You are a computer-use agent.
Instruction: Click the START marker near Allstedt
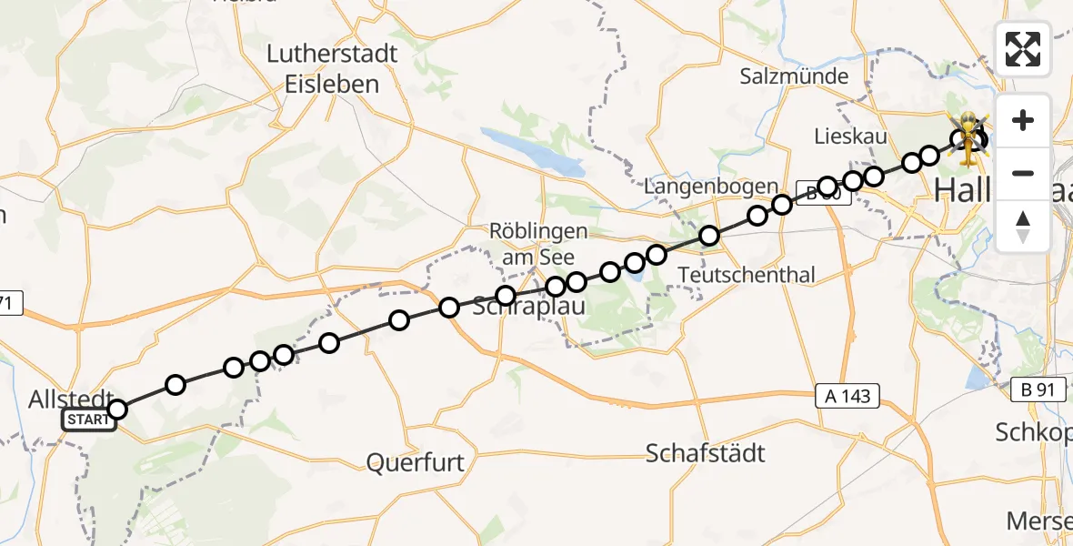pos(89,420)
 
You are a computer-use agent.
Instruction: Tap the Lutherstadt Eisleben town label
pos(332,68)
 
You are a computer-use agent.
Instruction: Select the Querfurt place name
pos(415,463)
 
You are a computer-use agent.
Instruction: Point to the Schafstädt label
pos(705,452)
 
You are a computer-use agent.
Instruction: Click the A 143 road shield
pos(847,396)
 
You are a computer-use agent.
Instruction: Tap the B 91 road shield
pos(1038,389)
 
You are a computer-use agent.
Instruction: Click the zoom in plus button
pos(1023,120)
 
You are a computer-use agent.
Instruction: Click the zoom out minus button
pos(1023,173)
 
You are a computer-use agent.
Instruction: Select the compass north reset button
pos(1023,226)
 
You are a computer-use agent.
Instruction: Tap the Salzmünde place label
pos(794,76)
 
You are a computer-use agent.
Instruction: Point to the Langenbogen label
pos(710,187)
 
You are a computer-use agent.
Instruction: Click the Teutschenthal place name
pos(747,275)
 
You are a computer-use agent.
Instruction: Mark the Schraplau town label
pos(529,308)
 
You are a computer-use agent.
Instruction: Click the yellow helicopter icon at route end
pos(970,139)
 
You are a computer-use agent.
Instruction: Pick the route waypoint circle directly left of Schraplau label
pos(448,308)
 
